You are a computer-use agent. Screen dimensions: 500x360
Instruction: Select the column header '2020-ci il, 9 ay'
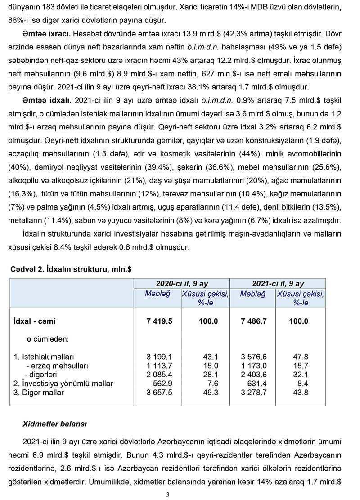(182, 283)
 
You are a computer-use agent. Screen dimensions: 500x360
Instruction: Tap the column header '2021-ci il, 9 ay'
(278, 283)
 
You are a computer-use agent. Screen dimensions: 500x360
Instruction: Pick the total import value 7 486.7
(254, 321)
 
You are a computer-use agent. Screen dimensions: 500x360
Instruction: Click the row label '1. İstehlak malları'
(44, 357)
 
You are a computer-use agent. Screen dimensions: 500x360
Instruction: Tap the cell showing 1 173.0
(254, 366)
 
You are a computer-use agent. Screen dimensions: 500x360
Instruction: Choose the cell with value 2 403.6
(254, 375)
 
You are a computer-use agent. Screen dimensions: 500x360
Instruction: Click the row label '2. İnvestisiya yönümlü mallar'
(63, 384)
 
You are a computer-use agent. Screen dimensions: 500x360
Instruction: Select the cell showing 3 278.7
(254, 393)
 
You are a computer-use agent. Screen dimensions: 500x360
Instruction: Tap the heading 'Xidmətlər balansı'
(55, 424)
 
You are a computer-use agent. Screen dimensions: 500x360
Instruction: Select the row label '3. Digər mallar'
(39, 393)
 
